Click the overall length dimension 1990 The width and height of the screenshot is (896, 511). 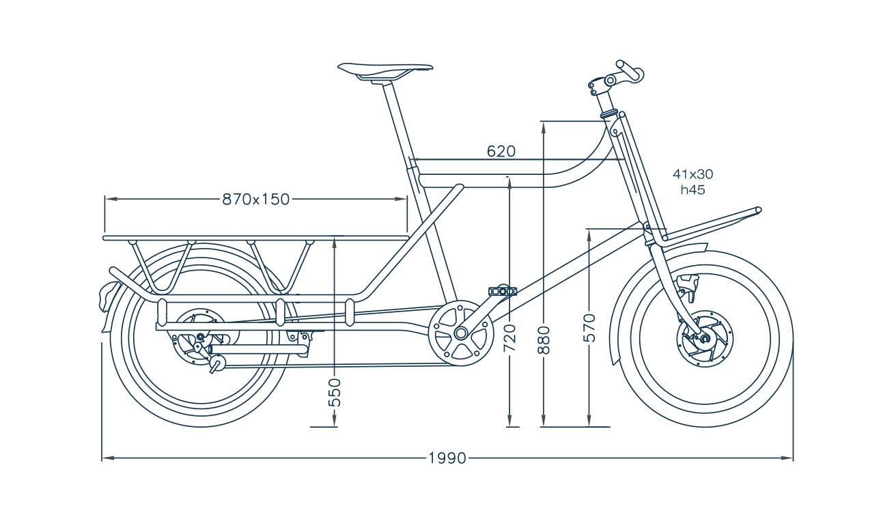coord(447,458)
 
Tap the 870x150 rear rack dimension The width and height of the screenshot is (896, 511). coord(256,199)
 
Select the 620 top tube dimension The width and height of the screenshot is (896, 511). coord(501,151)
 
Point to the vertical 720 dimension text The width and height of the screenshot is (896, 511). coord(509,337)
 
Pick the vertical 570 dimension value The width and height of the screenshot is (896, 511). coord(590,328)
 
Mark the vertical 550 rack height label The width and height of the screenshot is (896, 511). coord(335,392)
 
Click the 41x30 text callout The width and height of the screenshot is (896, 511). coord(692,174)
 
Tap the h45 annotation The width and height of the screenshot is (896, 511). coord(692,190)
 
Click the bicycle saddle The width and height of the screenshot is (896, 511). coord(385,69)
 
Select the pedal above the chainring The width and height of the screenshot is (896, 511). coord(502,291)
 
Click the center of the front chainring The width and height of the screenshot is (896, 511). coord(460,333)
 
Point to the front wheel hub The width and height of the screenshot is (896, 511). coord(704,337)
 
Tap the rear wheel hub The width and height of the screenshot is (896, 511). coord(200,336)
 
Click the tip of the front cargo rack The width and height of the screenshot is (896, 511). coord(758,210)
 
